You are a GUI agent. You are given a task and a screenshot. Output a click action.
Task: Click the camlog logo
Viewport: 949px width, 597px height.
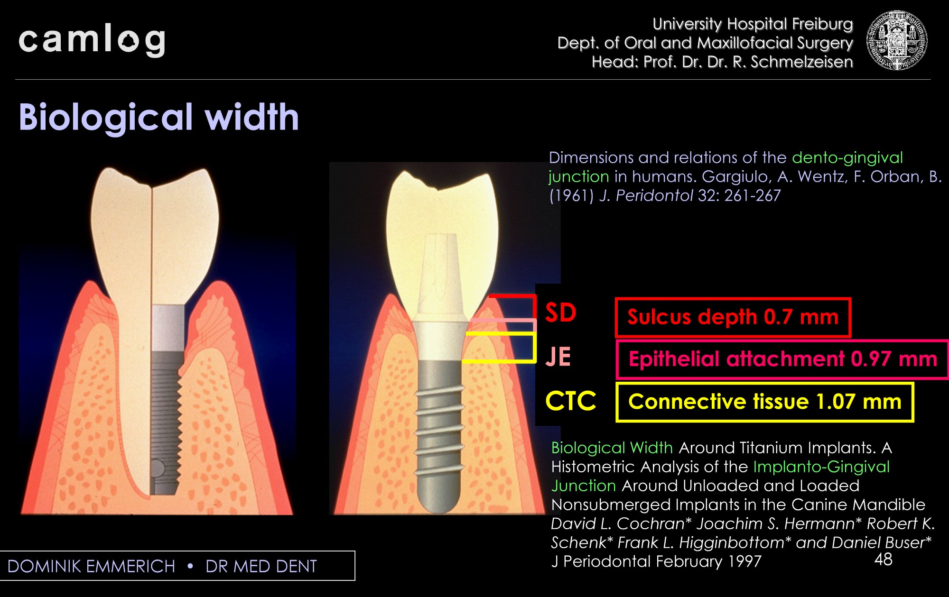[x=92, y=40]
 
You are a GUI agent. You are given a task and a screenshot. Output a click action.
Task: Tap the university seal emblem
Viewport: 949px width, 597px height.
[x=897, y=41]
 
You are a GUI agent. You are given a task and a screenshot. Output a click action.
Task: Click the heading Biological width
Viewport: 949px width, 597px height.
[x=159, y=117]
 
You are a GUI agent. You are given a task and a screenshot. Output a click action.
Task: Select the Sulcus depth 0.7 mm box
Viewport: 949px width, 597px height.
[x=733, y=317]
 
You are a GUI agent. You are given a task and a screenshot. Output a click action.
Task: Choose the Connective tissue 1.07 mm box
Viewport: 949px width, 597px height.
[x=764, y=402]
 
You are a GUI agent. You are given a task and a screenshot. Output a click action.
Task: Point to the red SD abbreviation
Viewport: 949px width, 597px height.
[x=561, y=313]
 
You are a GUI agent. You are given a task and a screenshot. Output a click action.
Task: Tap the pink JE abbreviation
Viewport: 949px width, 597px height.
[x=558, y=357]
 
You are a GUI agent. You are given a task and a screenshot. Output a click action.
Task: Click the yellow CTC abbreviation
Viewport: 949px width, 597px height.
[x=571, y=401]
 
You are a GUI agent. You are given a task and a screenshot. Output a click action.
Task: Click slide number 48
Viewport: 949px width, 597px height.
[x=883, y=560]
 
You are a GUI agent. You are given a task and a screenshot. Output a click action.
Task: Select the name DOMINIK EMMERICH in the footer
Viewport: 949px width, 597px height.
[x=92, y=566]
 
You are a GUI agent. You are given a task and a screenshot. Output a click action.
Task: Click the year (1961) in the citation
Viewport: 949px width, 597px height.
[x=571, y=195]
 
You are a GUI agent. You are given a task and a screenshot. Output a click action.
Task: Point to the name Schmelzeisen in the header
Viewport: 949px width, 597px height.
[x=801, y=62]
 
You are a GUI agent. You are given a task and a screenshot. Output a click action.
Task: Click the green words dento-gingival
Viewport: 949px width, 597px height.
[x=847, y=157]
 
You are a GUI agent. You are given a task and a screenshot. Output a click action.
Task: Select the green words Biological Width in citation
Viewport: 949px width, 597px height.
[x=612, y=448]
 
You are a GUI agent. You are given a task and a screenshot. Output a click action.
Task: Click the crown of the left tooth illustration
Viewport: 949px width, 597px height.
[x=154, y=237]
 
